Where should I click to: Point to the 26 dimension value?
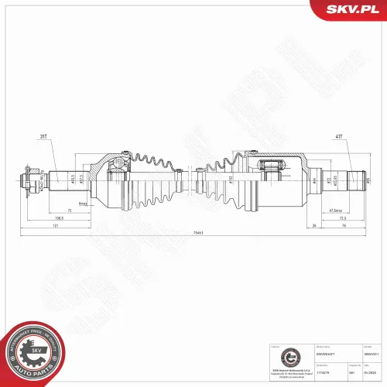click(315, 225)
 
